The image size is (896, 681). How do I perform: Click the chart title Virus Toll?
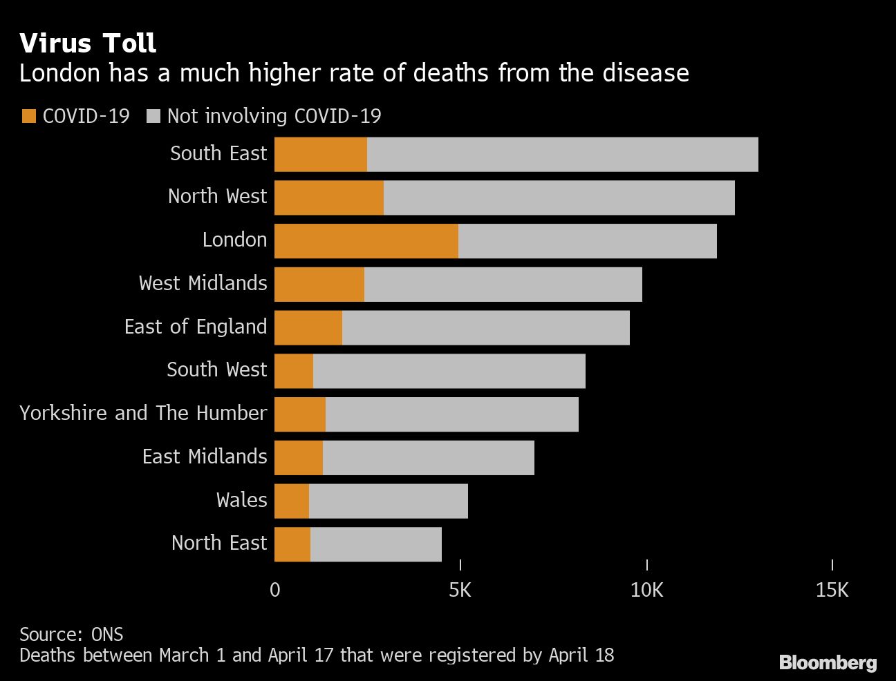click(x=88, y=44)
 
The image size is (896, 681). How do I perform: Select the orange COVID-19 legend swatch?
click(x=29, y=116)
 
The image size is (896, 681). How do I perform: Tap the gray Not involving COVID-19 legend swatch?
click(x=153, y=116)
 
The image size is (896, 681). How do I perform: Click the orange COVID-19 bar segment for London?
click(x=366, y=241)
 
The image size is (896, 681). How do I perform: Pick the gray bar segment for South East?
click(x=562, y=154)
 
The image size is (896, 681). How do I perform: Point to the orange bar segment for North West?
click(x=328, y=198)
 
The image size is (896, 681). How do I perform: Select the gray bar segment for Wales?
click(x=388, y=501)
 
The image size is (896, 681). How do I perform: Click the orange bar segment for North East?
click(x=292, y=545)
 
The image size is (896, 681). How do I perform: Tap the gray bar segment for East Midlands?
click(x=428, y=458)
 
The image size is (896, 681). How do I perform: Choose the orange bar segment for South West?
click(x=293, y=371)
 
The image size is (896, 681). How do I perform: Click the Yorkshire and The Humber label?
click(x=143, y=413)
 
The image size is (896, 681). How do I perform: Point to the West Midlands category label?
click(x=203, y=283)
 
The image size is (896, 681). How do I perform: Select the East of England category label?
click(x=196, y=327)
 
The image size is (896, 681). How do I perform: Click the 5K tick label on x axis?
click(x=460, y=590)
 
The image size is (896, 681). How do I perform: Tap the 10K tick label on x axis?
click(x=646, y=590)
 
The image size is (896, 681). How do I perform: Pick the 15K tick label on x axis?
click(x=832, y=590)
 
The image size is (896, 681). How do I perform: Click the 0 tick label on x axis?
click(x=275, y=590)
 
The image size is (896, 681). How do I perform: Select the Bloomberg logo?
click(x=828, y=663)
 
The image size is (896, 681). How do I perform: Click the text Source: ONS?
click(x=71, y=634)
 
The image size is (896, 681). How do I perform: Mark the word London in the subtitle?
click(x=60, y=73)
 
